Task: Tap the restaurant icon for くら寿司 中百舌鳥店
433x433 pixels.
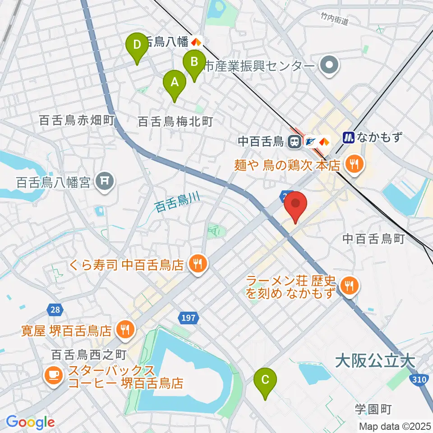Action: tap(197, 262)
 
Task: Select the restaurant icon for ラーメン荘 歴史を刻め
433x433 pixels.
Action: tap(348, 285)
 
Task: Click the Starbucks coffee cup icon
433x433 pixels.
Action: tap(53, 375)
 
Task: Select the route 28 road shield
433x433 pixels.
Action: tap(54, 309)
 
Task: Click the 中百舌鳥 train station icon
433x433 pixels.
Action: tap(294, 142)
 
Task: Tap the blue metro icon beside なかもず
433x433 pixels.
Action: tap(349, 137)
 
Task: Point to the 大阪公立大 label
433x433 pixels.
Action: tap(381, 360)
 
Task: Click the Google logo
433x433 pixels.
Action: tap(30, 422)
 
